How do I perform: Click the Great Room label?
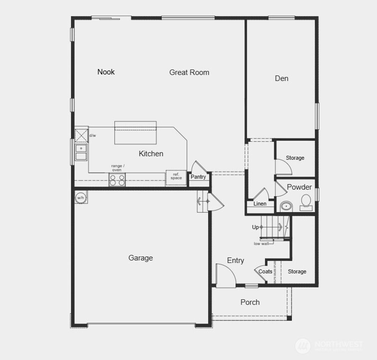coord(189,73)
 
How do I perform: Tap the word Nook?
coord(106,72)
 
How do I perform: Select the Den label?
coord(282,78)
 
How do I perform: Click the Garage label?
coord(141,258)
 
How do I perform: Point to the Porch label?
coord(250,302)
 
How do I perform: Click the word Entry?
coord(236,261)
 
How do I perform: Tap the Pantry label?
coord(198,177)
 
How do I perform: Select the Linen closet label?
coord(260,204)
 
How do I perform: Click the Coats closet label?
coord(265,272)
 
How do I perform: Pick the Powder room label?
coord(299,187)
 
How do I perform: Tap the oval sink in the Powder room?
coord(286,206)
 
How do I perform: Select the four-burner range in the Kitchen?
coord(117,180)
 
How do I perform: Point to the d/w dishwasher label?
coord(92,135)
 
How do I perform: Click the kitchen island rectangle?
coord(135,133)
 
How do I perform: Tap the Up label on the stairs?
coord(255,227)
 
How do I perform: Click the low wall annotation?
coord(261,244)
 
